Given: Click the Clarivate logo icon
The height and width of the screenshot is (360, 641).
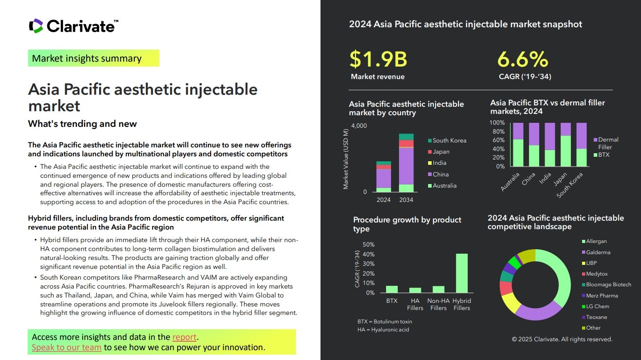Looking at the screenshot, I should point(36,26).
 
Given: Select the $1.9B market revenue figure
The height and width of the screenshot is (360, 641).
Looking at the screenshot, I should point(378,59).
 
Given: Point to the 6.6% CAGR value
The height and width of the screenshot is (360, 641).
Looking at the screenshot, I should point(523,59).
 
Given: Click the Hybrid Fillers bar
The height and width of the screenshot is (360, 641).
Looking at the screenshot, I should point(462,273).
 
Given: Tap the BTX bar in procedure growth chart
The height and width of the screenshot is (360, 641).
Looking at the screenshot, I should point(391,289).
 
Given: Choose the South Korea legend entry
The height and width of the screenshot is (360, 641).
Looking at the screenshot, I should point(449,140).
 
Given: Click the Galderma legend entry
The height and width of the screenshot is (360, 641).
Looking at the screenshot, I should point(598,252).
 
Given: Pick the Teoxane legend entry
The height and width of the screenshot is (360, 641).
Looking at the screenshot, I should point(596,317).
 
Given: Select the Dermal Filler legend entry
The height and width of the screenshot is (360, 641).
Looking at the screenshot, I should point(608,143).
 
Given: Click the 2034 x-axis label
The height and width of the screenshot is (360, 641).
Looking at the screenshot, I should point(406,200).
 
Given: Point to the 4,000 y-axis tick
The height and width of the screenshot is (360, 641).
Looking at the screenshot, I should point(359,126).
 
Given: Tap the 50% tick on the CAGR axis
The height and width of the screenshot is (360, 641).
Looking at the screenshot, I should point(369,245).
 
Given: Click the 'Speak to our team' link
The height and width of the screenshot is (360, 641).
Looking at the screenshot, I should point(67,347).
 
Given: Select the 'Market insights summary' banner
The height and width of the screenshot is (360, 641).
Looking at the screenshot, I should point(93,59).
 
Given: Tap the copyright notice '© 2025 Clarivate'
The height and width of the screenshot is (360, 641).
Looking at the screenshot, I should point(562,339).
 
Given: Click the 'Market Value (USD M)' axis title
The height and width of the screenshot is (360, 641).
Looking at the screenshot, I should point(345,159).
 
